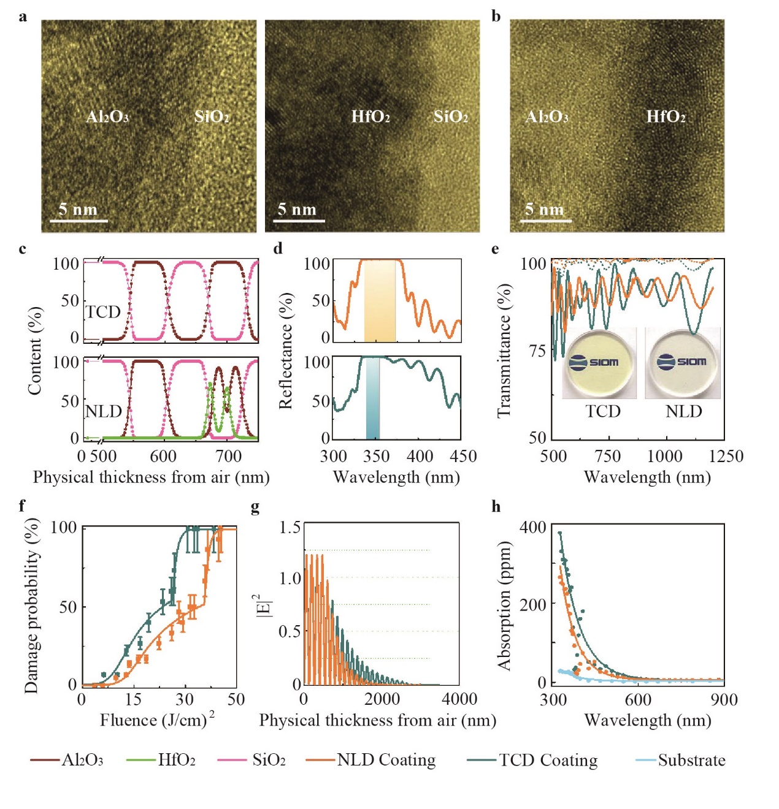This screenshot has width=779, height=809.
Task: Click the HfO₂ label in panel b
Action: point(666,116)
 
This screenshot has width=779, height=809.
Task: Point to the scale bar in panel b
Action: point(546,220)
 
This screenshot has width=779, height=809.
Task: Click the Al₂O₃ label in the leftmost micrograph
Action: point(107,116)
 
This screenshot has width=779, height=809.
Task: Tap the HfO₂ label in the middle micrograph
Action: point(370,116)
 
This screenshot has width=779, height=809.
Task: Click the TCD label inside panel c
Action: point(103,312)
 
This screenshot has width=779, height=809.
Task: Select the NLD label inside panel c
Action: point(103,411)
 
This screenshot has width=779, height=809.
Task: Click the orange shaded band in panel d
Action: point(380,300)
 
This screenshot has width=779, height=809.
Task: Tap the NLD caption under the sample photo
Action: point(683,411)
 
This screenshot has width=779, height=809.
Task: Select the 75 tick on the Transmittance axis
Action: point(537,351)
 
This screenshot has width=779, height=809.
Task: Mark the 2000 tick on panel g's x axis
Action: point(382,699)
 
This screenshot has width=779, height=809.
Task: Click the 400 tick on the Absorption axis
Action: point(532,528)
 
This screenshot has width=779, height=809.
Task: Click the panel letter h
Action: point(496,506)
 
